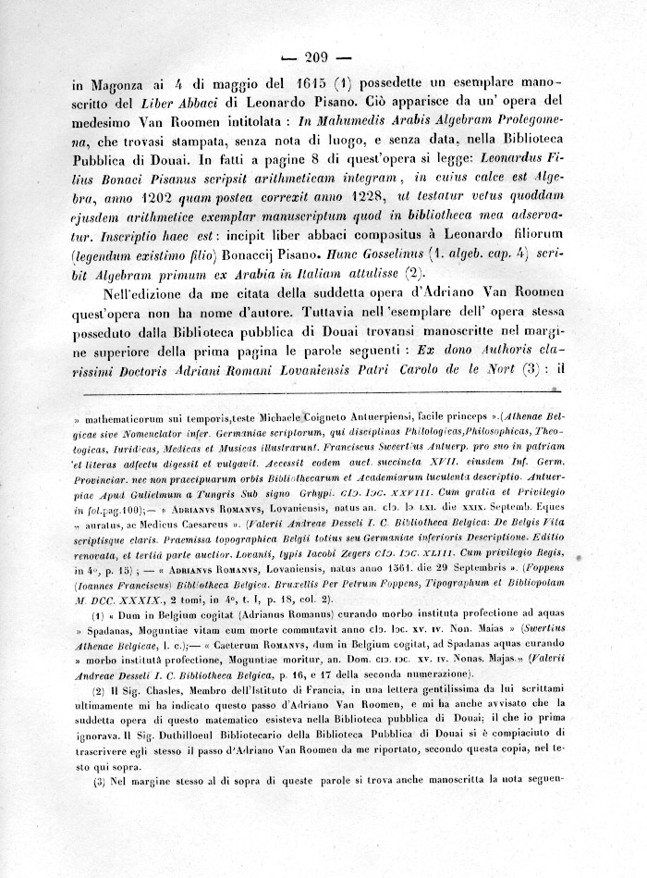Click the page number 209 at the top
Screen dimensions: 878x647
tap(324, 53)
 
